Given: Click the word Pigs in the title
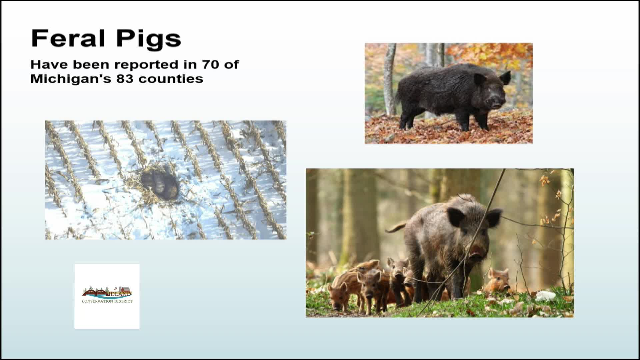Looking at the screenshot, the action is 148,40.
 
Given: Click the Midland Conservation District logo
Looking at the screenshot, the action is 107,296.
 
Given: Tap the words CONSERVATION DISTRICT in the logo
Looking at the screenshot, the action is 107,301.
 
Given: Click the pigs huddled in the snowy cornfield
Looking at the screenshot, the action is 159,184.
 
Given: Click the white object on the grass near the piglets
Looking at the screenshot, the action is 545,295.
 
